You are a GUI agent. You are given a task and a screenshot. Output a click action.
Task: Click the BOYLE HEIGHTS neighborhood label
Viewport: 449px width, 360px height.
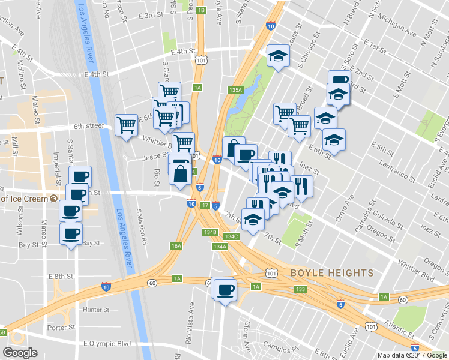point(332,273)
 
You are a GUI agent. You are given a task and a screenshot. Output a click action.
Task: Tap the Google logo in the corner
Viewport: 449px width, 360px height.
point(20,353)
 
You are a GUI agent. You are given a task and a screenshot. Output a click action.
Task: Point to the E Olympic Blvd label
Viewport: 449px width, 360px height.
point(107,344)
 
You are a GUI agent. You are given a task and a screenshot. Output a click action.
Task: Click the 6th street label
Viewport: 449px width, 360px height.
point(89,127)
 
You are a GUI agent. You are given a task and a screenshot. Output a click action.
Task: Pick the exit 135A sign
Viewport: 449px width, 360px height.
point(235,89)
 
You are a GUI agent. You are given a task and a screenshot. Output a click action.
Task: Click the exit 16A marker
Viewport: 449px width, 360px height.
point(176,245)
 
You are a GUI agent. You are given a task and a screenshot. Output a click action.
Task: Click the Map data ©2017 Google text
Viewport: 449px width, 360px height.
point(412,355)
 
